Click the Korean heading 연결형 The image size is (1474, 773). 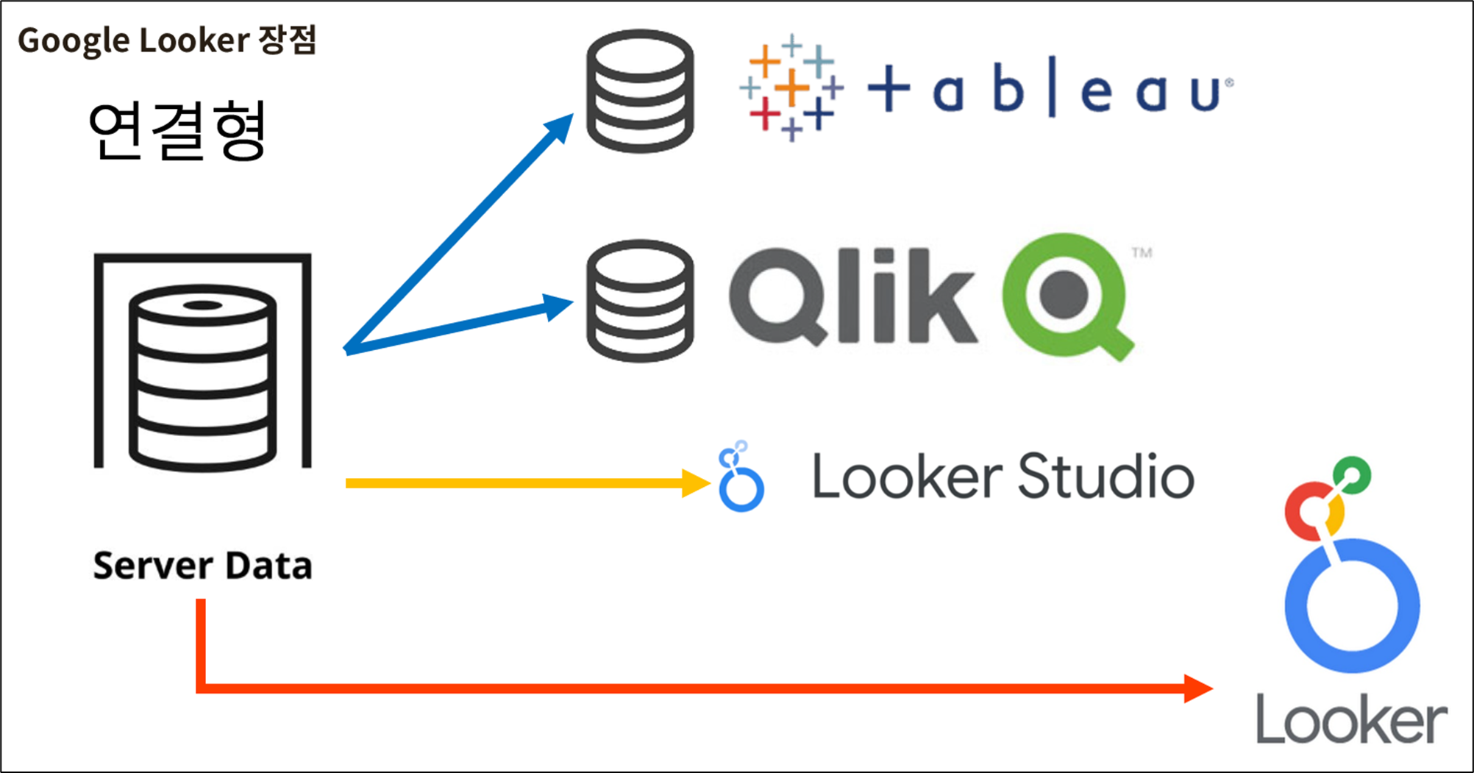(177, 131)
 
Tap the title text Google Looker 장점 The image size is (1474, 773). (167, 40)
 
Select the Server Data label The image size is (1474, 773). (202, 566)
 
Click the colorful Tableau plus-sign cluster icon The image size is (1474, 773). (791, 88)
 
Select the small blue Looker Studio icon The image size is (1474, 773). (741, 477)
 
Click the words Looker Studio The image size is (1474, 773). (1003, 477)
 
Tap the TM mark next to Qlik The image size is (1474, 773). (1142, 253)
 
